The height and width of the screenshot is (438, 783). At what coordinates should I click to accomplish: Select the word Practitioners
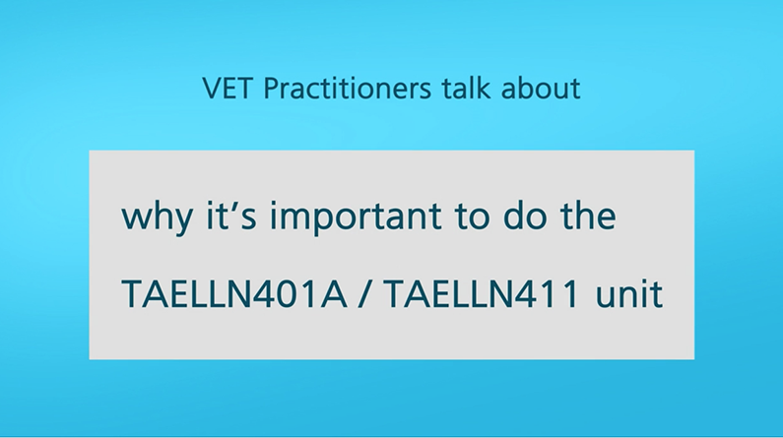(347, 89)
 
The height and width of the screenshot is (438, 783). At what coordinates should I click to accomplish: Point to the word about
(541, 89)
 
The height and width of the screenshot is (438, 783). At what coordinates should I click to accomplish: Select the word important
(356, 217)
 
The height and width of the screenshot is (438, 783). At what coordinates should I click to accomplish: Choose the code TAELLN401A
(234, 294)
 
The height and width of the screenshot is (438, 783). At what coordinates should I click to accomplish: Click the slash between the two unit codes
(366, 294)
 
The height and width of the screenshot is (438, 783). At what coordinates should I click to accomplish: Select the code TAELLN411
(482, 294)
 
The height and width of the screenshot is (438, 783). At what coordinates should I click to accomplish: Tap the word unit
(629, 293)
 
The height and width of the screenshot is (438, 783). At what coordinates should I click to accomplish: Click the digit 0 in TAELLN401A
(289, 294)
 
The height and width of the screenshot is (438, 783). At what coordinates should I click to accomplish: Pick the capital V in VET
(212, 89)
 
